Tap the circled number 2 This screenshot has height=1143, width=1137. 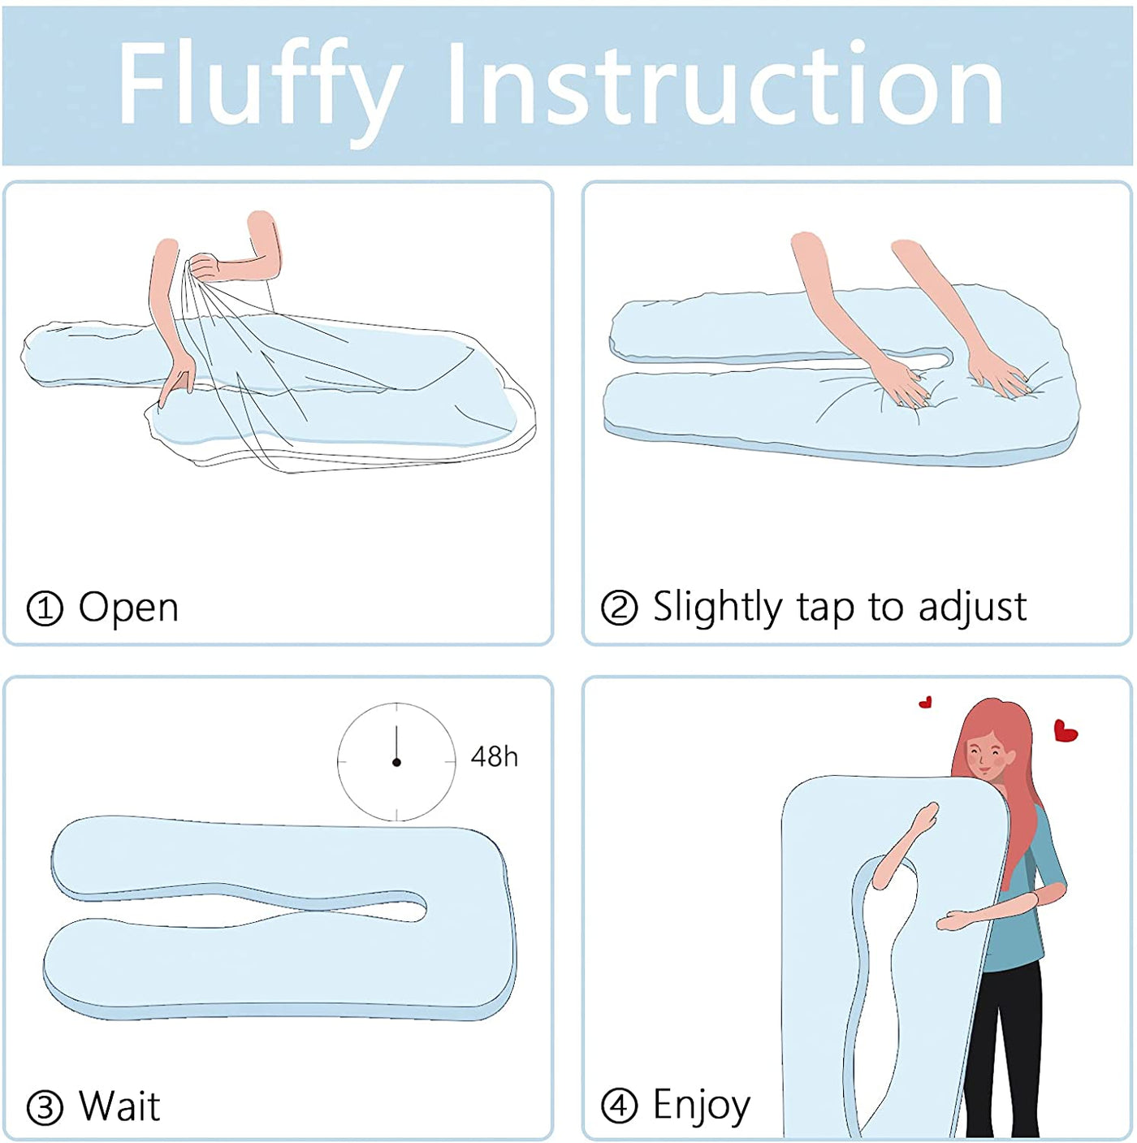pos(619,608)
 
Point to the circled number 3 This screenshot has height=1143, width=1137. pos(45,1106)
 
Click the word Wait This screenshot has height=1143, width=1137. pos(119,1106)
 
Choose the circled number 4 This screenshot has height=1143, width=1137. pos(619,1106)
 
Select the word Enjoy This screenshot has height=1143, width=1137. pos(702,1106)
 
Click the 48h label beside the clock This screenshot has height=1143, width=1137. pos(494,757)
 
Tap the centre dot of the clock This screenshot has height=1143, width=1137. pos(396,762)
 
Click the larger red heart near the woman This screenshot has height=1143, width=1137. pos(1066,730)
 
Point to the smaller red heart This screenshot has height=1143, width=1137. pos(925,702)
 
